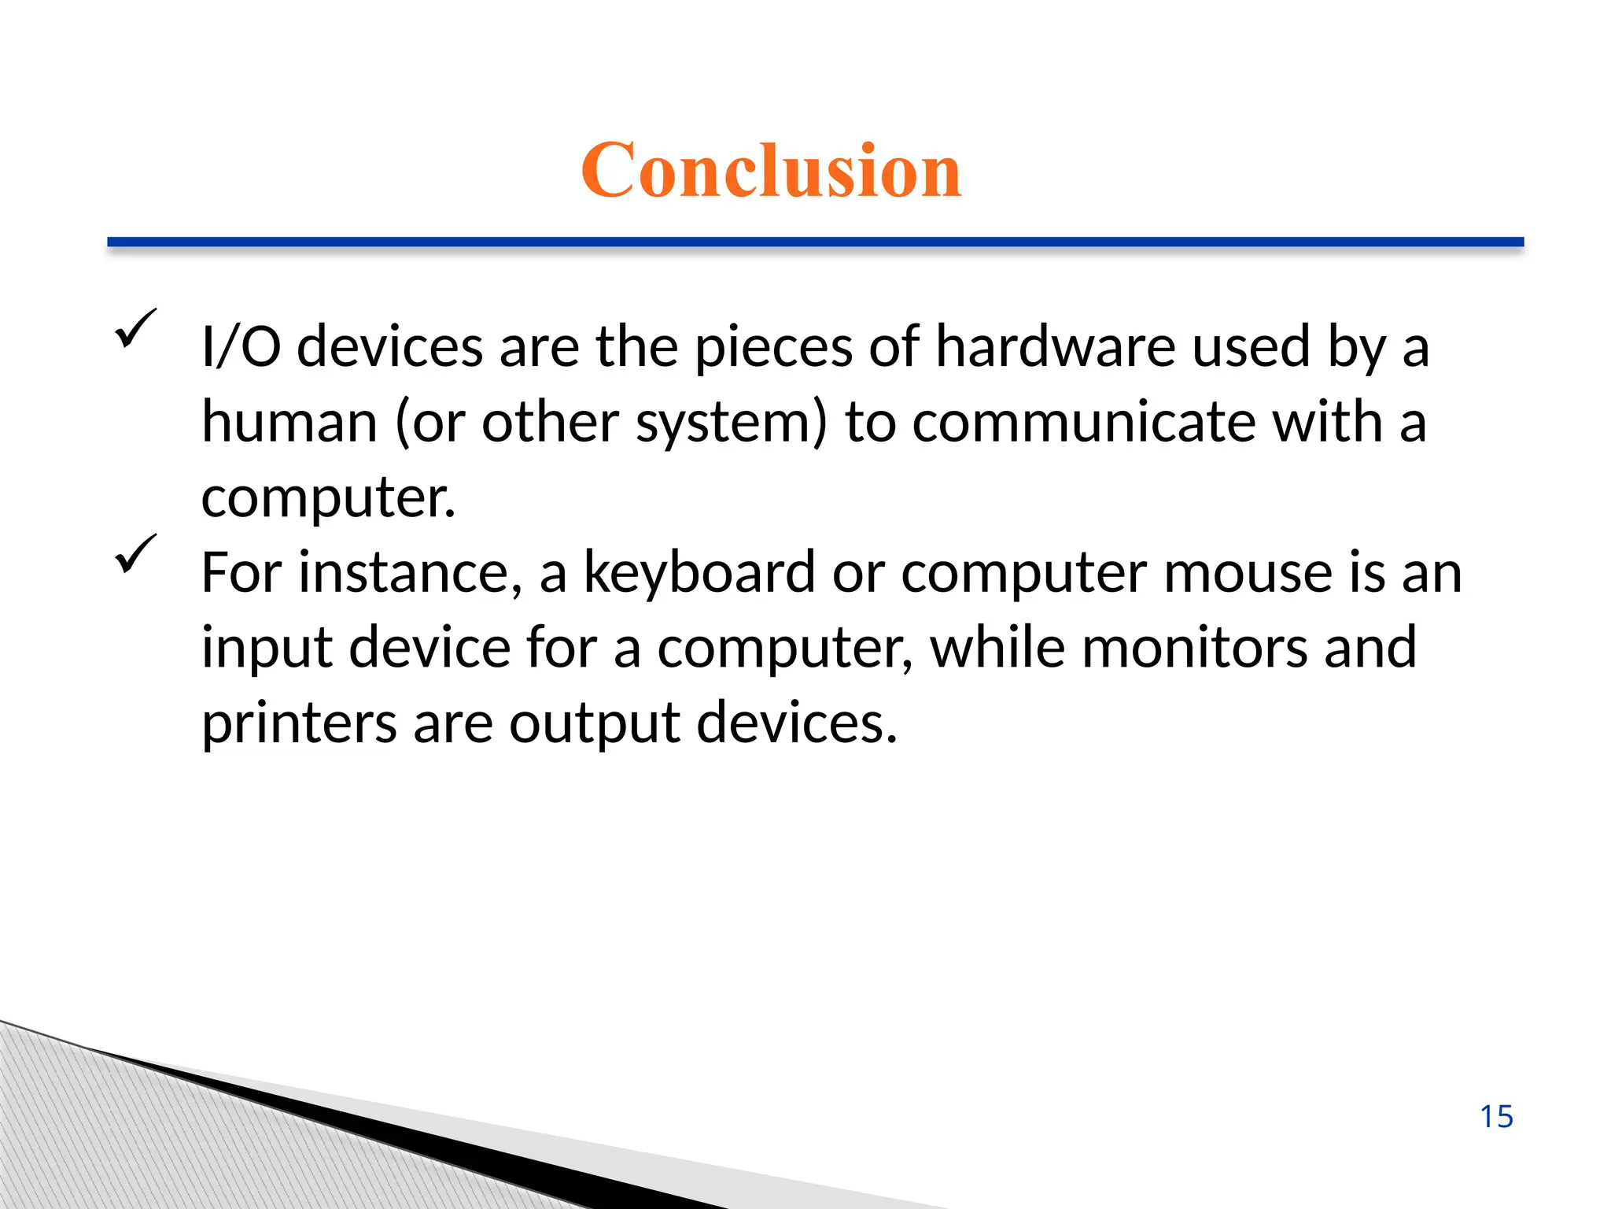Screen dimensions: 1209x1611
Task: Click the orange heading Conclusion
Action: tap(771, 170)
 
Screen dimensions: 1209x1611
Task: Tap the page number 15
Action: tap(1496, 1117)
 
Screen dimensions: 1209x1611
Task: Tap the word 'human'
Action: tap(290, 422)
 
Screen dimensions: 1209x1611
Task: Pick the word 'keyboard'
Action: tap(699, 572)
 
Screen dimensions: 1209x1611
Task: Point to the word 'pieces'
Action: tap(773, 348)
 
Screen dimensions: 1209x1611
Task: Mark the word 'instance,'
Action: tap(410, 572)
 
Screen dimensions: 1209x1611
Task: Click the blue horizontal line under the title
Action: tap(815, 242)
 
